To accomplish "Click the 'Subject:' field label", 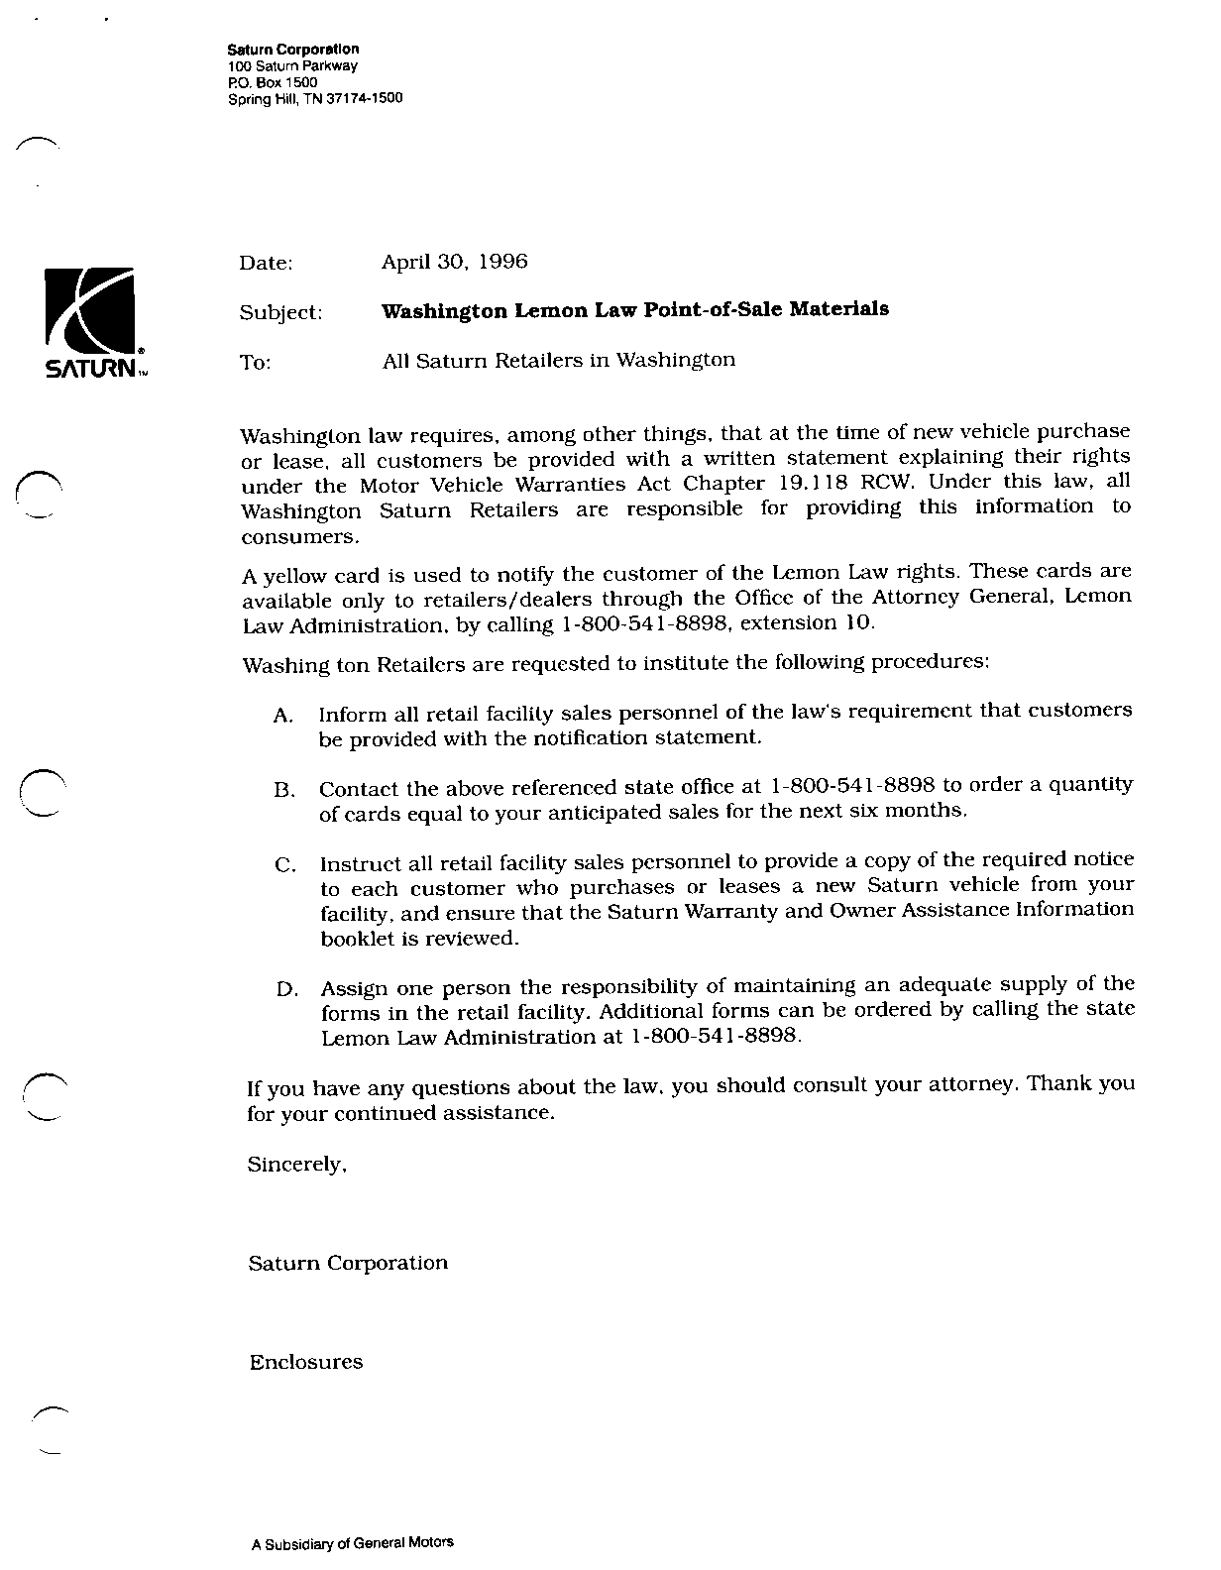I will [x=280, y=313].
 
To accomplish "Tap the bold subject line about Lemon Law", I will [x=634, y=309].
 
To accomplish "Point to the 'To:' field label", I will [x=255, y=364].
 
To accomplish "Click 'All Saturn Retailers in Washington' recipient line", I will [x=558, y=360].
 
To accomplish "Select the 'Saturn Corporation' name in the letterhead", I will [x=292, y=49].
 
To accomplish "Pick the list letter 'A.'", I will [x=283, y=716].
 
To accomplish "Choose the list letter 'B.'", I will [x=284, y=791].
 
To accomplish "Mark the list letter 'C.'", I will [x=285, y=865].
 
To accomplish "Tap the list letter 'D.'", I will [x=286, y=989].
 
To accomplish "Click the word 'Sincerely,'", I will [x=296, y=1166].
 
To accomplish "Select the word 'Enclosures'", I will [x=305, y=1362].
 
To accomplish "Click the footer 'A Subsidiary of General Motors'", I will [x=352, y=1542].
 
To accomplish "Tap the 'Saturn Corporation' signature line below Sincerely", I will [x=348, y=1263].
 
